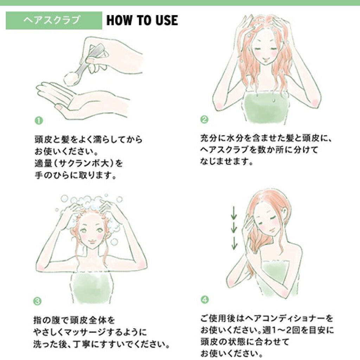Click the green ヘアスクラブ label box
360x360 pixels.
click(54, 21)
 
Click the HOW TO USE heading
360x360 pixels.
click(142, 21)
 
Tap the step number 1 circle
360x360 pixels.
click(38, 121)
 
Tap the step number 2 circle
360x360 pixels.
click(204, 120)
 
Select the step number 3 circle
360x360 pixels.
click(38, 301)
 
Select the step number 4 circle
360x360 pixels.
click(204, 300)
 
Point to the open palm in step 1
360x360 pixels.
click(81, 100)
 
